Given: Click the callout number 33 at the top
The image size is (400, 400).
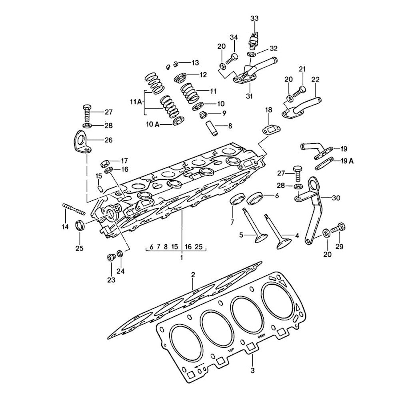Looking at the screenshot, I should point(254,18).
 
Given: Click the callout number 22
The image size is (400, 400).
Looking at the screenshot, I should point(316,80).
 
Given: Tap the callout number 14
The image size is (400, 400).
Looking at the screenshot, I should point(65,227).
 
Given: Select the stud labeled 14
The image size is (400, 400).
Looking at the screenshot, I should point(74,209).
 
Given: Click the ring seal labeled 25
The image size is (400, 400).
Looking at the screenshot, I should point(80,225).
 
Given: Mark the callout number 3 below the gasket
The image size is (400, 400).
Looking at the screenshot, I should point(253,370).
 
